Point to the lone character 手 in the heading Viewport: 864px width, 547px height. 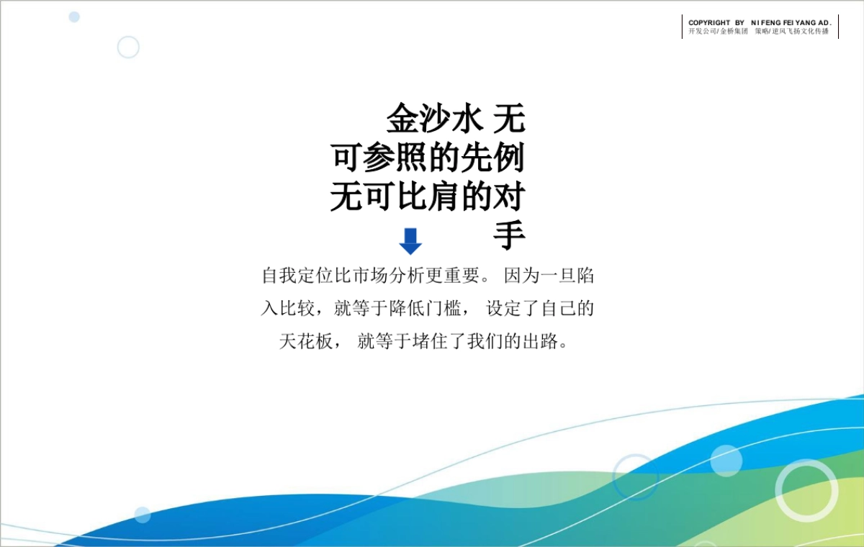509,235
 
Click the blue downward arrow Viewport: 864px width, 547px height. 410,241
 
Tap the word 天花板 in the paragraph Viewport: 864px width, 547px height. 305,341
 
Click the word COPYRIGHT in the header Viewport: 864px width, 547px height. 708,23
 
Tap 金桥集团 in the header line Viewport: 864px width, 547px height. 734,32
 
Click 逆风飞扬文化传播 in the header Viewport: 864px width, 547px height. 800,32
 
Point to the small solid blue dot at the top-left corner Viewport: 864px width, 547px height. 74,17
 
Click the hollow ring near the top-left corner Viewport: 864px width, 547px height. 128,47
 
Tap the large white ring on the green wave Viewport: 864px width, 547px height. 806,490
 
